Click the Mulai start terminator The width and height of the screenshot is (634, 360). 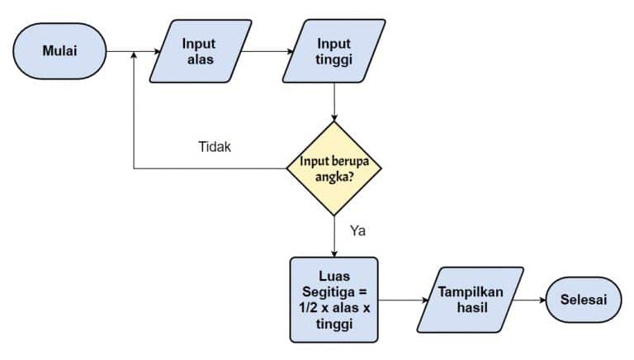tap(59, 51)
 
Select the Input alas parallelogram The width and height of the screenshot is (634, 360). tap(200, 51)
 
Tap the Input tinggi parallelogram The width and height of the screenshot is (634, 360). tap(334, 51)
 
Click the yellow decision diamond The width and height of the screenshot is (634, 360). tap(334, 168)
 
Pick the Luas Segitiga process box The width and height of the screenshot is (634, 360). tap(334, 299)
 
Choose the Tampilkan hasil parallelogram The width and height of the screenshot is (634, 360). tap(471, 299)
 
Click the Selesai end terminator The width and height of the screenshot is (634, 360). tap(583, 299)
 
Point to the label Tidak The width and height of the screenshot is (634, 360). tap(215, 147)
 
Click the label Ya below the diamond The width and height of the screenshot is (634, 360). tap(357, 230)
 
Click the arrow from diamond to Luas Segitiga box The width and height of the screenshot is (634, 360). tap(334, 235)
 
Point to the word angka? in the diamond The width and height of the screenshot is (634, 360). tap(333, 175)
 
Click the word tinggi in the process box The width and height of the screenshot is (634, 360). tap(334, 324)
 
